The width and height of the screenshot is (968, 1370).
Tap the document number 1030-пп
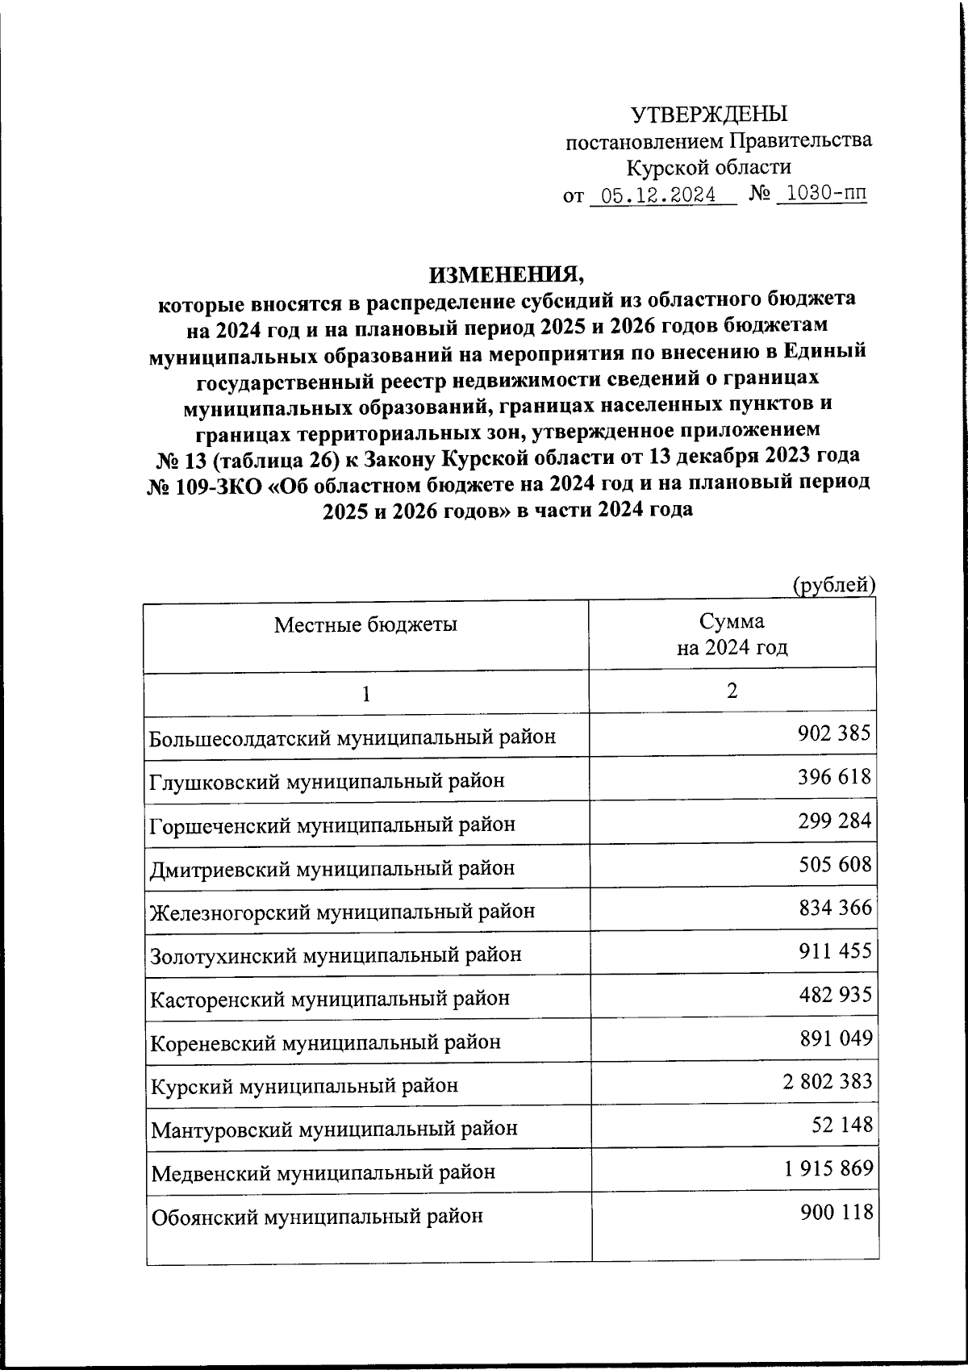[x=822, y=194]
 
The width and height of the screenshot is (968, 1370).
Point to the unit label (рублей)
[x=834, y=585]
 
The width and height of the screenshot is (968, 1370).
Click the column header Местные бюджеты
[x=365, y=624]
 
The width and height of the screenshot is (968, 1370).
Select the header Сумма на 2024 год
[x=732, y=634]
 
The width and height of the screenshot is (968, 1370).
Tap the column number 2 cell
[x=732, y=691]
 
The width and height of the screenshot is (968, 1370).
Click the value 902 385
[x=834, y=733]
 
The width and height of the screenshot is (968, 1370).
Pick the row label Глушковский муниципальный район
[x=328, y=781]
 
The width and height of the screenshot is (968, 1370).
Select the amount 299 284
[x=834, y=821]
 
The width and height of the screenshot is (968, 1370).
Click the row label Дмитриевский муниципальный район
[x=332, y=868]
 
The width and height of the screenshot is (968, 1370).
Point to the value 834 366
[x=834, y=908]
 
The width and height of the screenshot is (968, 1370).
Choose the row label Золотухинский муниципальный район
[x=336, y=955]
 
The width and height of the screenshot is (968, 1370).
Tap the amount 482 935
[x=834, y=994]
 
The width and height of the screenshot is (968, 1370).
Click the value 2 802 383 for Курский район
[x=827, y=1081]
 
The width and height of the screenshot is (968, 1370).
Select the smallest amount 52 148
[x=844, y=1124]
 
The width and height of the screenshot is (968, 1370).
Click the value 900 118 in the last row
[x=837, y=1211]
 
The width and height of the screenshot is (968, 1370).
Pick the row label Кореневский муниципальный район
[x=325, y=1042]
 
